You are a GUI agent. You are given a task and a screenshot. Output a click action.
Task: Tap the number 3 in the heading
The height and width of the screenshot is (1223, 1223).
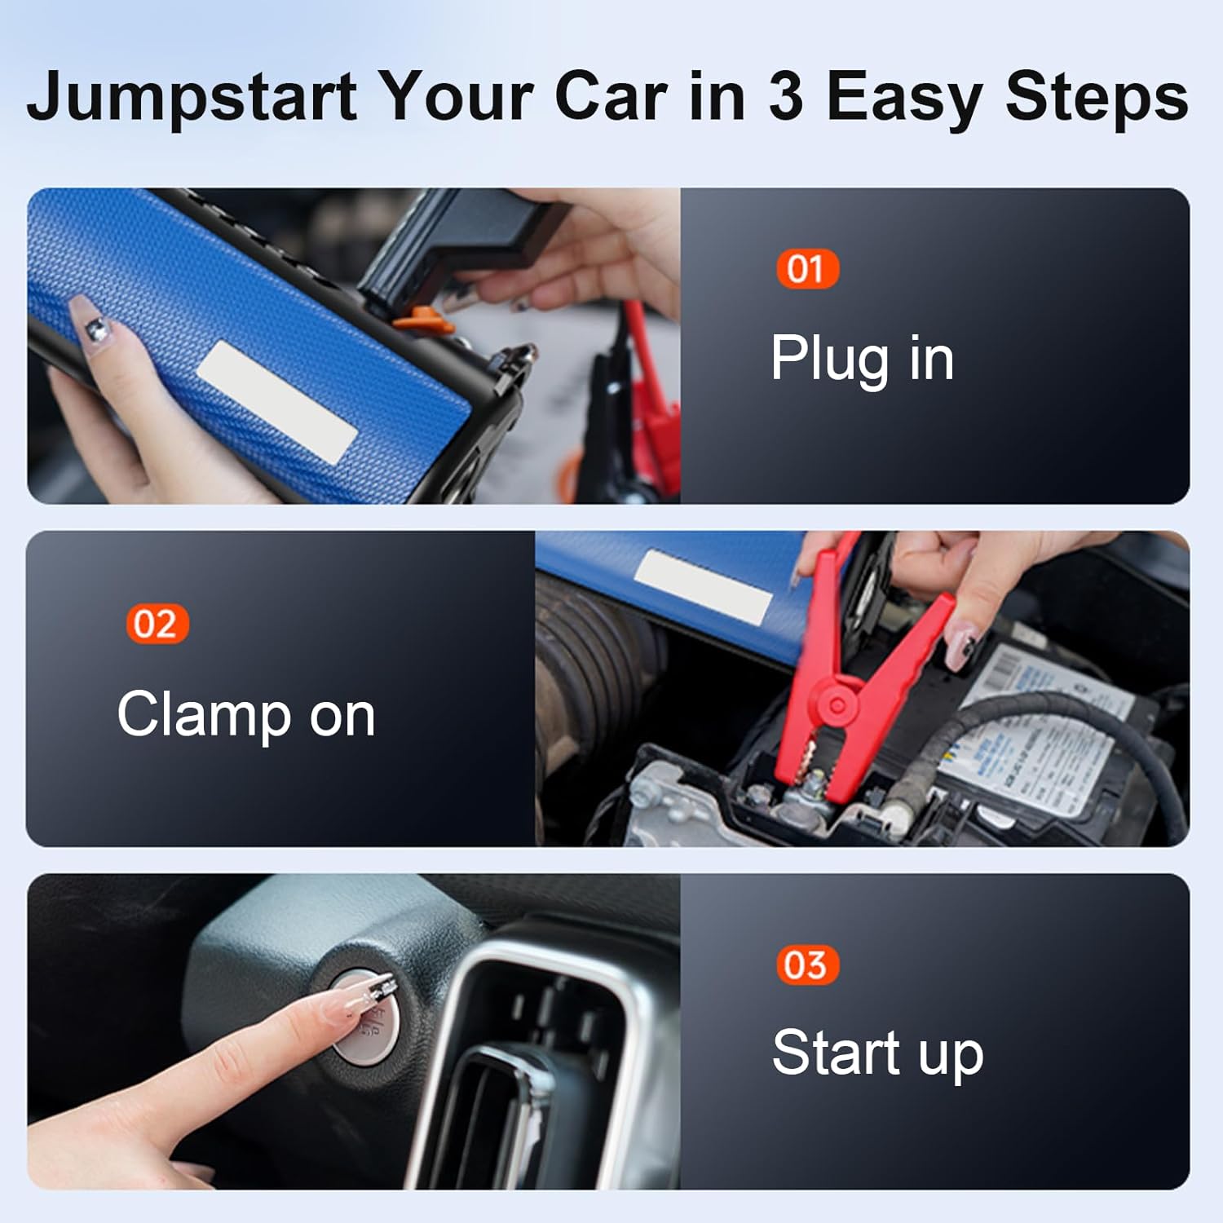(x=785, y=96)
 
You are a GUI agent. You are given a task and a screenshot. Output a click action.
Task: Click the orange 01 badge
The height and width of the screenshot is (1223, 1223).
(x=806, y=269)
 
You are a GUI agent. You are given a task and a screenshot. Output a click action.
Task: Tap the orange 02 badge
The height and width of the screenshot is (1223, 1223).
(x=157, y=625)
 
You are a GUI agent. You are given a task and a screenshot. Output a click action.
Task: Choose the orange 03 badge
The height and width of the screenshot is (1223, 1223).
(x=806, y=965)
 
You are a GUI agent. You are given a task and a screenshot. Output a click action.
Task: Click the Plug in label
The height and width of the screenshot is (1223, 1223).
(x=862, y=359)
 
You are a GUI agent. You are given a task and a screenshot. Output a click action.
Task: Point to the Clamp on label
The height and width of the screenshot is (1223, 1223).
(x=245, y=715)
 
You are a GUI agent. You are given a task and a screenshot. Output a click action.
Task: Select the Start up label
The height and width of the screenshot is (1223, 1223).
(x=877, y=1053)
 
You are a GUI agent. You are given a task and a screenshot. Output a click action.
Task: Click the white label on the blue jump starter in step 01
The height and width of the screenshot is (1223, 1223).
(x=276, y=400)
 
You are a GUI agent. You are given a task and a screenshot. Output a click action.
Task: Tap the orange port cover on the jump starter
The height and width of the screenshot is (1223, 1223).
(x=422, y=320)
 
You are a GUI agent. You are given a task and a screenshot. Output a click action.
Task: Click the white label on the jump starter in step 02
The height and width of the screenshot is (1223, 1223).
(x=703, y=586)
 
